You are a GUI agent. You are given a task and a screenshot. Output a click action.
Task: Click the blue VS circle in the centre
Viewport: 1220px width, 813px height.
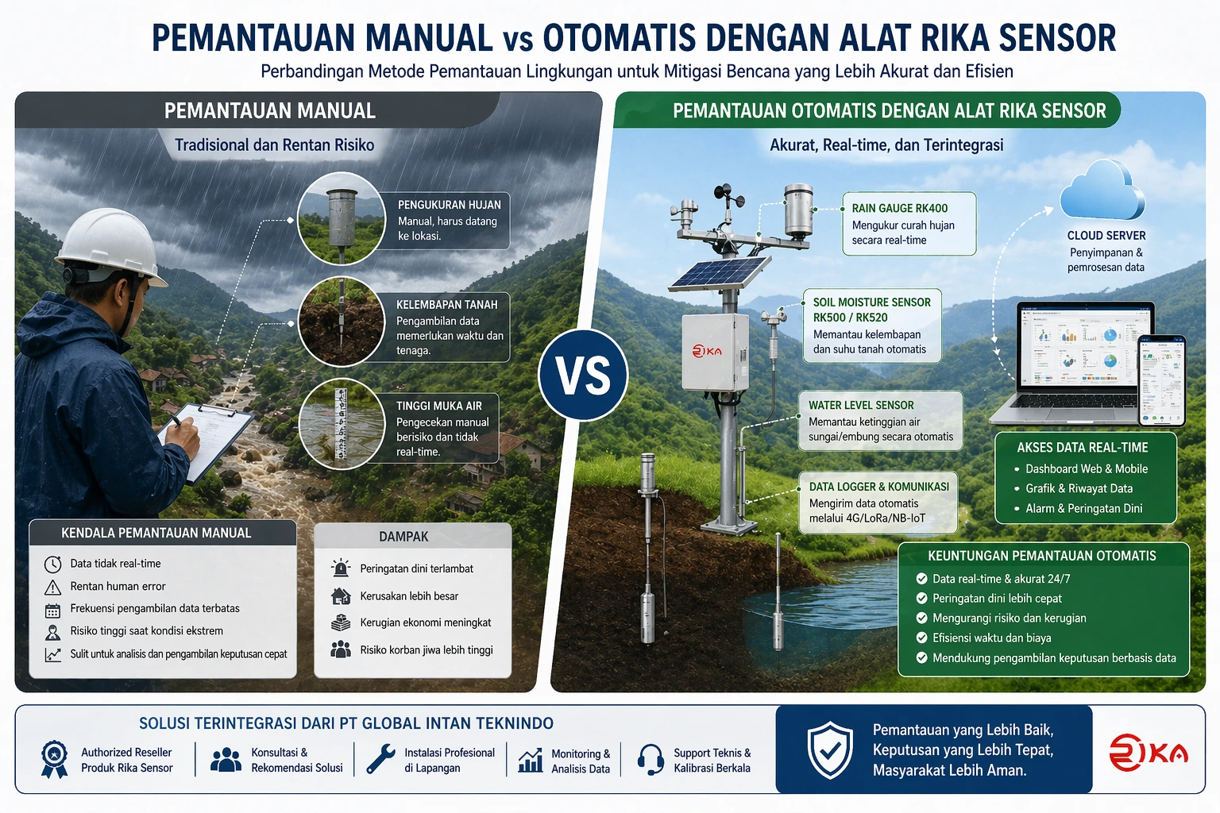tap(584, 375)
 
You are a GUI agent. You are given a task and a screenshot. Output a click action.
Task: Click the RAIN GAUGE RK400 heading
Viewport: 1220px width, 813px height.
tap(899, 208)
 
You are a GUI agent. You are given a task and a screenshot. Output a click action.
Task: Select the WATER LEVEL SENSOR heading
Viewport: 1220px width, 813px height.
tap(861, 405)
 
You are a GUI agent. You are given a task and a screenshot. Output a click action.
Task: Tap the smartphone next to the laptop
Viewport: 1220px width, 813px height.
tap(1161, 380)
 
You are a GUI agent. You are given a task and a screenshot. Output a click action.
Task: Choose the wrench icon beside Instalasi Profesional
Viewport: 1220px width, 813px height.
tap(380, 759)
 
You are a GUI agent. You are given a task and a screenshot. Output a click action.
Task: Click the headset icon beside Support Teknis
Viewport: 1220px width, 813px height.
tap(651, 759)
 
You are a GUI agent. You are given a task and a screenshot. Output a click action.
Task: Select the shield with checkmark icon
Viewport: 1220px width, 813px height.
tap(830, 749)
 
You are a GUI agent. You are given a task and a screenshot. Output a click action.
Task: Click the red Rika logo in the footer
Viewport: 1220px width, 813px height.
tap(1148, 752)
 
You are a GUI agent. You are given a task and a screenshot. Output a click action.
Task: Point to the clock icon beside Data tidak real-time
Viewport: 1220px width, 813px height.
tap(53, 564)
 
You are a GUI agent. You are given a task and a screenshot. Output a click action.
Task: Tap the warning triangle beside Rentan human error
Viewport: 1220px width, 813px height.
tap(53, 587)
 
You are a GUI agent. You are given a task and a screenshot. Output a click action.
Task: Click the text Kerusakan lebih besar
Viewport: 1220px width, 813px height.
tap(409, 596)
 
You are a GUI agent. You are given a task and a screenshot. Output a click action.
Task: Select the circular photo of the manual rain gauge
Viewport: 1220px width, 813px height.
tap(342, 218)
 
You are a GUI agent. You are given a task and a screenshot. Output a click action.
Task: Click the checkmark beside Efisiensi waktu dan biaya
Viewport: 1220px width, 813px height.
tap(921, 638)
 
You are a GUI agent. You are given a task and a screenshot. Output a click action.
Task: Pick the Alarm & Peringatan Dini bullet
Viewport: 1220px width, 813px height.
tap(1083, 508)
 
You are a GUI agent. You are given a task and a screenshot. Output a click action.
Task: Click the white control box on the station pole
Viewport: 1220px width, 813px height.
tap(714, 352)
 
